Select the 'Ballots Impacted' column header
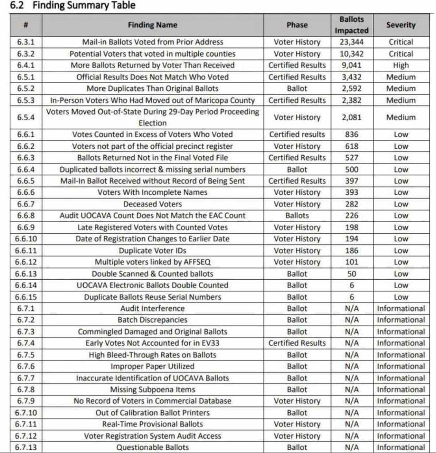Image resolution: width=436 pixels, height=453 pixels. click(x=351, y=25)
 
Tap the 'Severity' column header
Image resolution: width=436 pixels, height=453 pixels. click(x=401, y=25)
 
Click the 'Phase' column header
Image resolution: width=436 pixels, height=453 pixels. click(x=297, y=25)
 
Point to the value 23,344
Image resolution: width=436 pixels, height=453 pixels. click(x=351, y=42)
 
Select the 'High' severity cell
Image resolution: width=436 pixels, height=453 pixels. click(x=401, y=65)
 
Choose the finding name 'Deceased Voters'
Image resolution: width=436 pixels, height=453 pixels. click(x=152, y=204)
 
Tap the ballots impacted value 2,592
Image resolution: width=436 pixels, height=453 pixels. click(x=351, y=88)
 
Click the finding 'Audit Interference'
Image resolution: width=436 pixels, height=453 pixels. click(x=152, y=308)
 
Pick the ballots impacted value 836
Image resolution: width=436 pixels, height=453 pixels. click(x=351, y=134)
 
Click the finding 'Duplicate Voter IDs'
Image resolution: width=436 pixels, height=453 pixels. click(x=152, y=250)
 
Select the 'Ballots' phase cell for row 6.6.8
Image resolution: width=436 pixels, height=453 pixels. click(x=297, y=216)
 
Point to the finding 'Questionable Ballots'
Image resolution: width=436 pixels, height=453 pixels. click(x=152, y=447)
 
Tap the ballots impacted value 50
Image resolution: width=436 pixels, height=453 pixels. click(x=351, y=274)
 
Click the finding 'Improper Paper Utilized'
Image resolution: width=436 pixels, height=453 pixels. click(x=152, y=366)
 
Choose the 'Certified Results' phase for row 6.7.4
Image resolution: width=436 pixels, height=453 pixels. click(x=297, y=343)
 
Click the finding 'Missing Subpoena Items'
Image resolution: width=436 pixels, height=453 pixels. click(x=152, y=389)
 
